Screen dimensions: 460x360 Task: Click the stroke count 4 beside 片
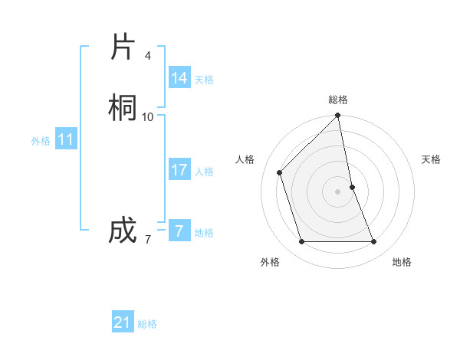[x=147, y=56]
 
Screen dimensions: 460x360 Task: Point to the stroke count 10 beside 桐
[x=148, y=116]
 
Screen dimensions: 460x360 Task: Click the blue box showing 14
[x=179, y=78]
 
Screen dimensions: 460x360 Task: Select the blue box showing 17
[x=179, y=170]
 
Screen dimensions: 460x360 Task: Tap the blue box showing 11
[x=66, y=140]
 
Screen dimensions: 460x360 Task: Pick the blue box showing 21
[x=123, y=322]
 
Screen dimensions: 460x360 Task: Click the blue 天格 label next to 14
[x=204, y=80]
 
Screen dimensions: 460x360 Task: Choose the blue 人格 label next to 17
[x=204, y=172]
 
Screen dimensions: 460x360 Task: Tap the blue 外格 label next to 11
[x=41, y=141]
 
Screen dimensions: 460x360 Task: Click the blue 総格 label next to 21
[x=147, y=324]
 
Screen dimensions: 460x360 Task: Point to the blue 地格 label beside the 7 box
[x=204, y=233]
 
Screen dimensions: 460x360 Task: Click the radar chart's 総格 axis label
[x=338, y=100]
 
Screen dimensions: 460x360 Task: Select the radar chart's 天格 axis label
[x=431, y=159]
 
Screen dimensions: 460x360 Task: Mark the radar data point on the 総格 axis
[x=338, y=116]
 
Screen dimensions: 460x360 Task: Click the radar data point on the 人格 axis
[x=280, y=172]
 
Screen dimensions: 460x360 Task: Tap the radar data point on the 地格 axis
[x=374, y=242]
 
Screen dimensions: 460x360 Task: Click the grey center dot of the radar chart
[x=338, y=191]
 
